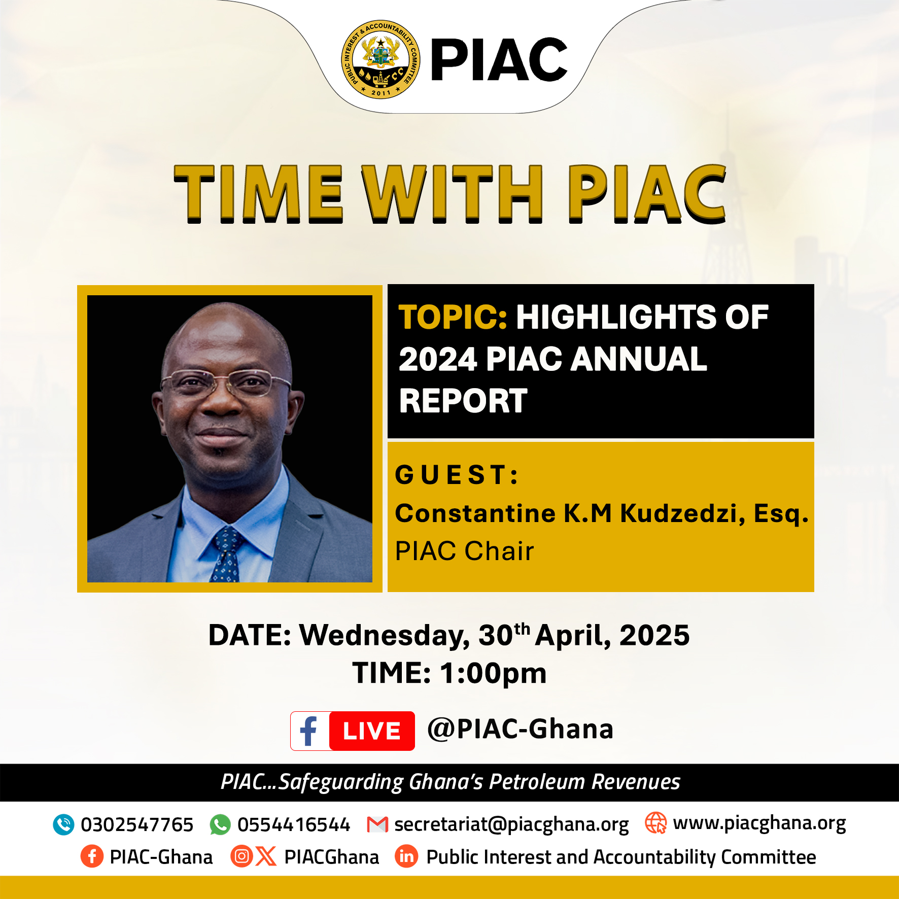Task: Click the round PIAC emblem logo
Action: click(381, 60)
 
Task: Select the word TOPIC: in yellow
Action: click(453, 317)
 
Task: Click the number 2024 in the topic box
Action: click(438, 359)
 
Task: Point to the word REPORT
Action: click(463, 401)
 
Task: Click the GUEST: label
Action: click(457, 475)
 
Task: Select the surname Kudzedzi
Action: click(682, 513)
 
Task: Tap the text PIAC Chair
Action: click(464, 551)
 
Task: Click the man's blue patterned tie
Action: click(227, 554)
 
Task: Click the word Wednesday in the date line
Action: click(385, 636)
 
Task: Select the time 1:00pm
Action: click(493, 674)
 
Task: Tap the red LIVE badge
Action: click(372, 731)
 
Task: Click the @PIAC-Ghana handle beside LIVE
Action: click(521, 730)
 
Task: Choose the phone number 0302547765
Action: click(137, 825)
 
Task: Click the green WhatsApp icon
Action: click(220, 825)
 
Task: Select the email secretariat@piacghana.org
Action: click(511, 825)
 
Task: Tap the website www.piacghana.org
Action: click(759, 824)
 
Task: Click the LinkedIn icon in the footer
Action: click(406, 856)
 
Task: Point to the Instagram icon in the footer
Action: click(242, 856)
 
